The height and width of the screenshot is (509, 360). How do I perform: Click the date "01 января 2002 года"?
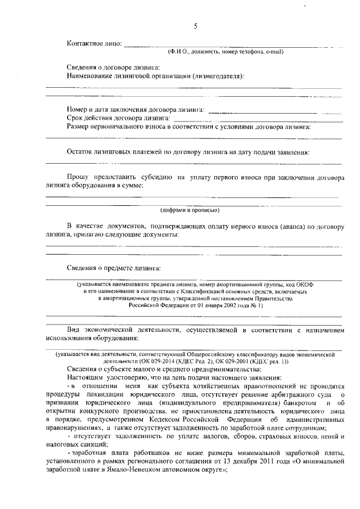215,305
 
